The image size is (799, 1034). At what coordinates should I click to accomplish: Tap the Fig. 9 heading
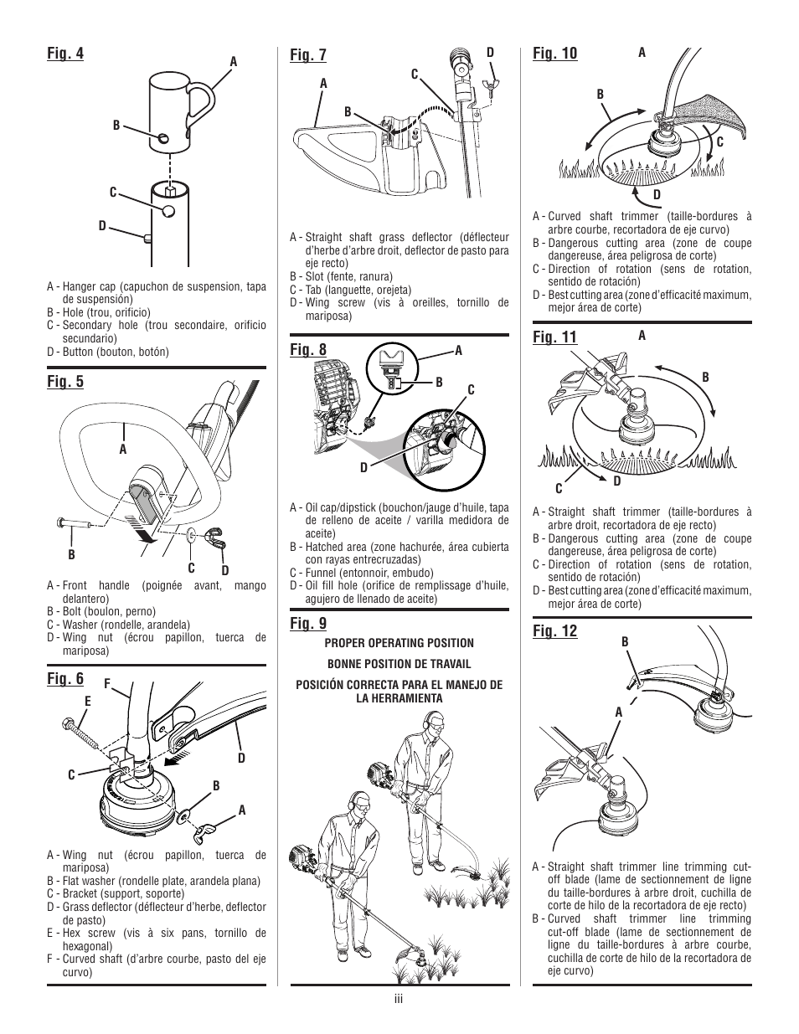(308, 623)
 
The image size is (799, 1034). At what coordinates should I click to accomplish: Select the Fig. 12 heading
(554, 630)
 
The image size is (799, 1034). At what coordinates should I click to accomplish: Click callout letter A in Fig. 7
(322, 84)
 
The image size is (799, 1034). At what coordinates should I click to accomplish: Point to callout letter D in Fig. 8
(364, 468)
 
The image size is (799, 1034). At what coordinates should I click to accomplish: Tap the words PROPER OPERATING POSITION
(399, 643)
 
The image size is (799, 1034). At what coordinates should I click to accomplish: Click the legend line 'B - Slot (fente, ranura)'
(341, 276)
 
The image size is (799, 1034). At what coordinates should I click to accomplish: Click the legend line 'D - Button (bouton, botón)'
(108, 352)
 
